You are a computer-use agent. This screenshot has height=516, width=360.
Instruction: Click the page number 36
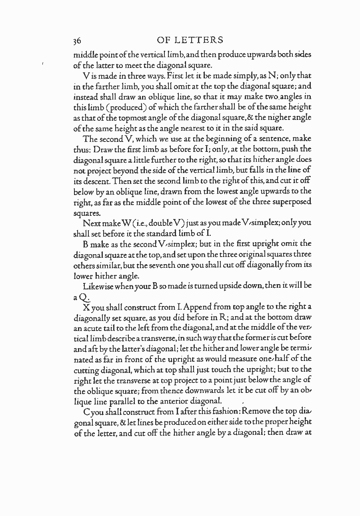[x=78, y=41]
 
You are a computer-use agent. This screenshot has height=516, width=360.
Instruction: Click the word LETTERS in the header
[x=200, y=40]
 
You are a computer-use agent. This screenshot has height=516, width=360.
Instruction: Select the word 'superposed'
[x=292, y=202]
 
